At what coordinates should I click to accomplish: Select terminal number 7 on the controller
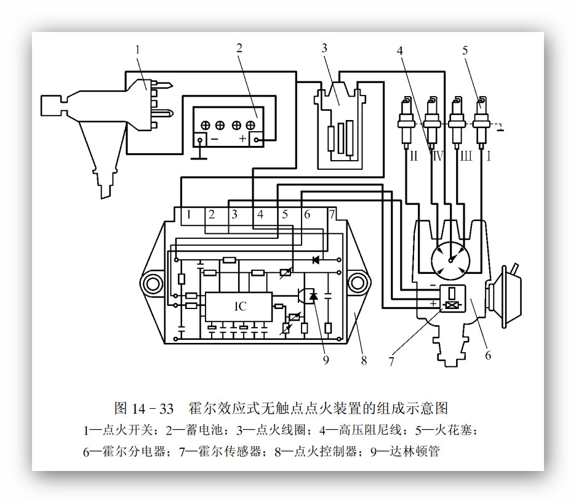coord(331,214)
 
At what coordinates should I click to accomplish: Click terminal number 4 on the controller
coord(260,214)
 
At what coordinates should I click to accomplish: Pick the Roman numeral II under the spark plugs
coord(413,156)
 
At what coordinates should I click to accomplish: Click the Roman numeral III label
coord(466,156)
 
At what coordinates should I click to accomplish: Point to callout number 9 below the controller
coord(326,360)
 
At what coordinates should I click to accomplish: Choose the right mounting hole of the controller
coord(356,284)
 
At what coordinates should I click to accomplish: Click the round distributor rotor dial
coord(450,259)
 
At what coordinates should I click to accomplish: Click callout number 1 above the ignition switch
coord(138,48)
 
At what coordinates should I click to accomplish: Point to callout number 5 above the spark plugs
coord(465,50)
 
